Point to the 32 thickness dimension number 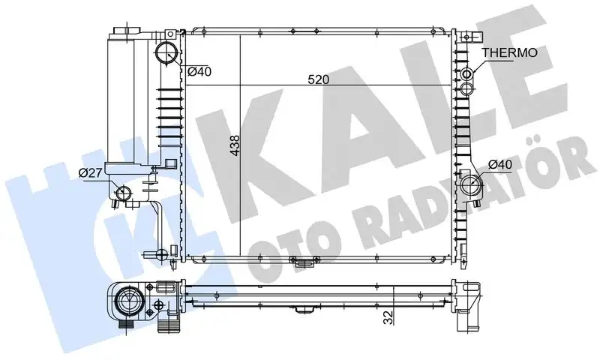coord(388,316)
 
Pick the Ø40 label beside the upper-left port coord(199,72)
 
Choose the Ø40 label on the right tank coord(500,164)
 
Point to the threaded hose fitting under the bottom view coord(167,326)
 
